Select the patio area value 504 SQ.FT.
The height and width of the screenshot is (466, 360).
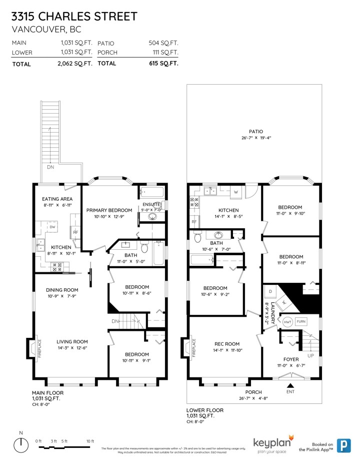click(163, 43)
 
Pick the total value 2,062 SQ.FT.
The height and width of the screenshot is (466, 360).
click(75, 64)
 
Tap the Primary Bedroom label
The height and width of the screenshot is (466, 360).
click(109, 210)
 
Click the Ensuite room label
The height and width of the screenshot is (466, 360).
click(152, 204)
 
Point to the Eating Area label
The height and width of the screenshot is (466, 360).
click(57, 199)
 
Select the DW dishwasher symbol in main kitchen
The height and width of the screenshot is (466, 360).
click(52, 227)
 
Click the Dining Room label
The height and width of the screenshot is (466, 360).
click(62, 290)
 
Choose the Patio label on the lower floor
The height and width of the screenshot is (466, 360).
click(256, 131)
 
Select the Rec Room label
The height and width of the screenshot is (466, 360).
click(227, 344)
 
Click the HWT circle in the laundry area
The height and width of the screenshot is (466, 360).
click(287, 321)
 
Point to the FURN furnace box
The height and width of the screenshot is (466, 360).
click(300, 321)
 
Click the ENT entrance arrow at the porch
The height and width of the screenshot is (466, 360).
click(290, 385)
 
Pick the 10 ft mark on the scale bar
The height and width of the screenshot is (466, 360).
click(90, 441)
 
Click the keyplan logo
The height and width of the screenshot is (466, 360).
click(273, 443)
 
